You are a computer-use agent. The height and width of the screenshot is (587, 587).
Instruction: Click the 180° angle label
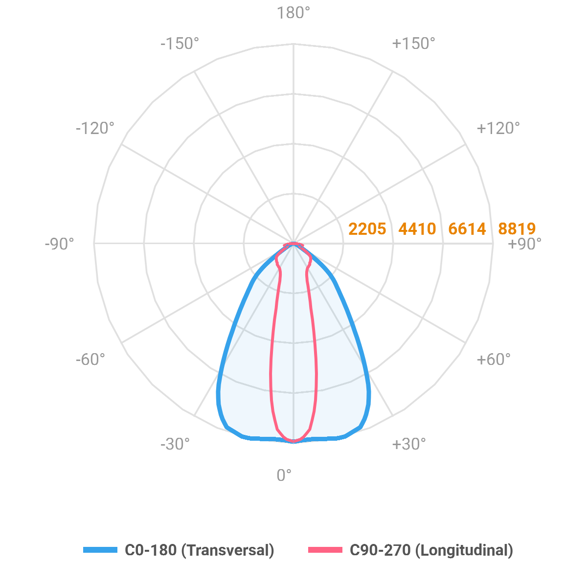click(x=293, y=13)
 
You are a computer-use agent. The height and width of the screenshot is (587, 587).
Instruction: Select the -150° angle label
click(x=180, y=44)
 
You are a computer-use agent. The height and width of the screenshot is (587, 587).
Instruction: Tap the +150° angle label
click(x=413, y=44)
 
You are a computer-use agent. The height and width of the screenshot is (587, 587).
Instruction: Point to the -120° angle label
click(x=95, y=128)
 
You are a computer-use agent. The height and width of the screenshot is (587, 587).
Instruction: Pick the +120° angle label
click(x=498, y=128)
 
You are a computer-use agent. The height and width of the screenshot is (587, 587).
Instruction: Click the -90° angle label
click(x=59, y=244)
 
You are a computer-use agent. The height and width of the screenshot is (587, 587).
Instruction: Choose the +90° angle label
click(x=525, y=244)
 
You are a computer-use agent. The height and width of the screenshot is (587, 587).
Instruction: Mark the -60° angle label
click(x=90, y=360)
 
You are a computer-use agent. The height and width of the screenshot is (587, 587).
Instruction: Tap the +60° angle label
click(x=493, y=360)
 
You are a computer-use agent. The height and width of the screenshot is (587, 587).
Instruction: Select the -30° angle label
click(x=175, y=444)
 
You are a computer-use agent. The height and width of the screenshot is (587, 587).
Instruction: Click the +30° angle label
click(x=408, y=444)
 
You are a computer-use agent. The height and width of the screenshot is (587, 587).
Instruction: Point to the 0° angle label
click(x=284, y=475)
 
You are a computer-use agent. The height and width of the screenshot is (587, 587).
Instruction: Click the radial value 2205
click(x=367, y=229)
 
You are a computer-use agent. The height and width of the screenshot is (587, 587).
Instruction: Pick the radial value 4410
click(x=417, y=229)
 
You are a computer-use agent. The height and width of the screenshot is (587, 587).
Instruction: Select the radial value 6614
click(x=467, y=229)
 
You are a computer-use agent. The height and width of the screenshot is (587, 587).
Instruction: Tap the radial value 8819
click(x=517, y=229)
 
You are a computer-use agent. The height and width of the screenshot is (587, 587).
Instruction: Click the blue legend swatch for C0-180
click(x=100, y=550)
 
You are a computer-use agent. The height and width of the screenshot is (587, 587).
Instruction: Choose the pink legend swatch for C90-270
click(x=325, y=550)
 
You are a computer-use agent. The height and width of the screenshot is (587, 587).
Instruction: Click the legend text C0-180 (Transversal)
click(x=200, y=550)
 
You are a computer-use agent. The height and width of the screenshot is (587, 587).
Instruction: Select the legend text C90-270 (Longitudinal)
click(x=431, y=550)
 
